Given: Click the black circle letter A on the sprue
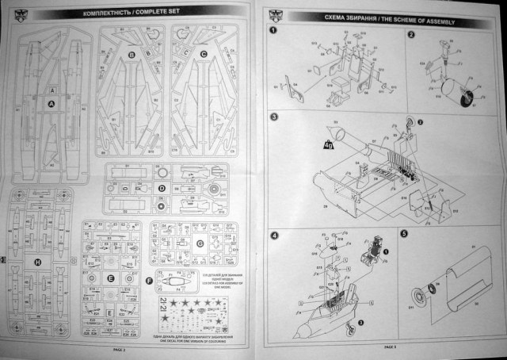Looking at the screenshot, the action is pos(52,104).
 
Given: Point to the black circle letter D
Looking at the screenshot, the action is pos(161,189).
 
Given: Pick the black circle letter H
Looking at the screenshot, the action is pos(37,262).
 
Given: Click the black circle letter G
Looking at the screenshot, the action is pos(200,243).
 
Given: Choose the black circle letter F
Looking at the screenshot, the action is pos(151,281).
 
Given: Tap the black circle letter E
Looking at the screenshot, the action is pos(110,278).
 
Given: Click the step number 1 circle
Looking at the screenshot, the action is pos(273,32).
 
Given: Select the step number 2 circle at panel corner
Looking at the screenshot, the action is pos(411,35).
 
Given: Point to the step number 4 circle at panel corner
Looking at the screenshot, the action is pos(273,236).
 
